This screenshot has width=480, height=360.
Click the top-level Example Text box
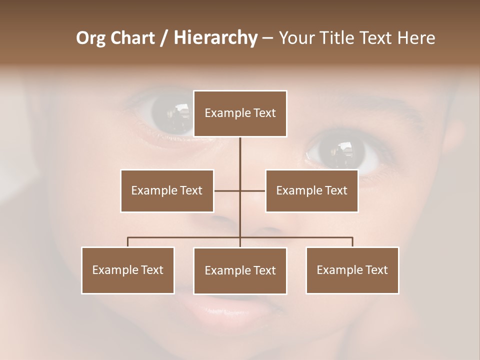coord(240,113)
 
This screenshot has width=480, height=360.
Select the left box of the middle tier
coord(167,190)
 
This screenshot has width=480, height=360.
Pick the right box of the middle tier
coord(311,190)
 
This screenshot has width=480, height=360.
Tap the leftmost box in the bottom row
coord(128,270)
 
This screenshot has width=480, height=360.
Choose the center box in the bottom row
coord(240,270)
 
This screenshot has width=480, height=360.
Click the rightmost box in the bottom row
coord(352,270)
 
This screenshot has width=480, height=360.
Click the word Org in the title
coord(91,38)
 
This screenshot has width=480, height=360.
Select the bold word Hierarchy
coord(215,38)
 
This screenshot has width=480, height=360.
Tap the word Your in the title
coord(297,38)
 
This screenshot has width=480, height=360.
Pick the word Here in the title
coord(416,38)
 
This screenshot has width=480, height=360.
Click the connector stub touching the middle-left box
coord(226,190)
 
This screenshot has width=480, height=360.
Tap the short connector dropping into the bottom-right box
coord(352,242)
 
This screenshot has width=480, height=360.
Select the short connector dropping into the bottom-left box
coord(128,242)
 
